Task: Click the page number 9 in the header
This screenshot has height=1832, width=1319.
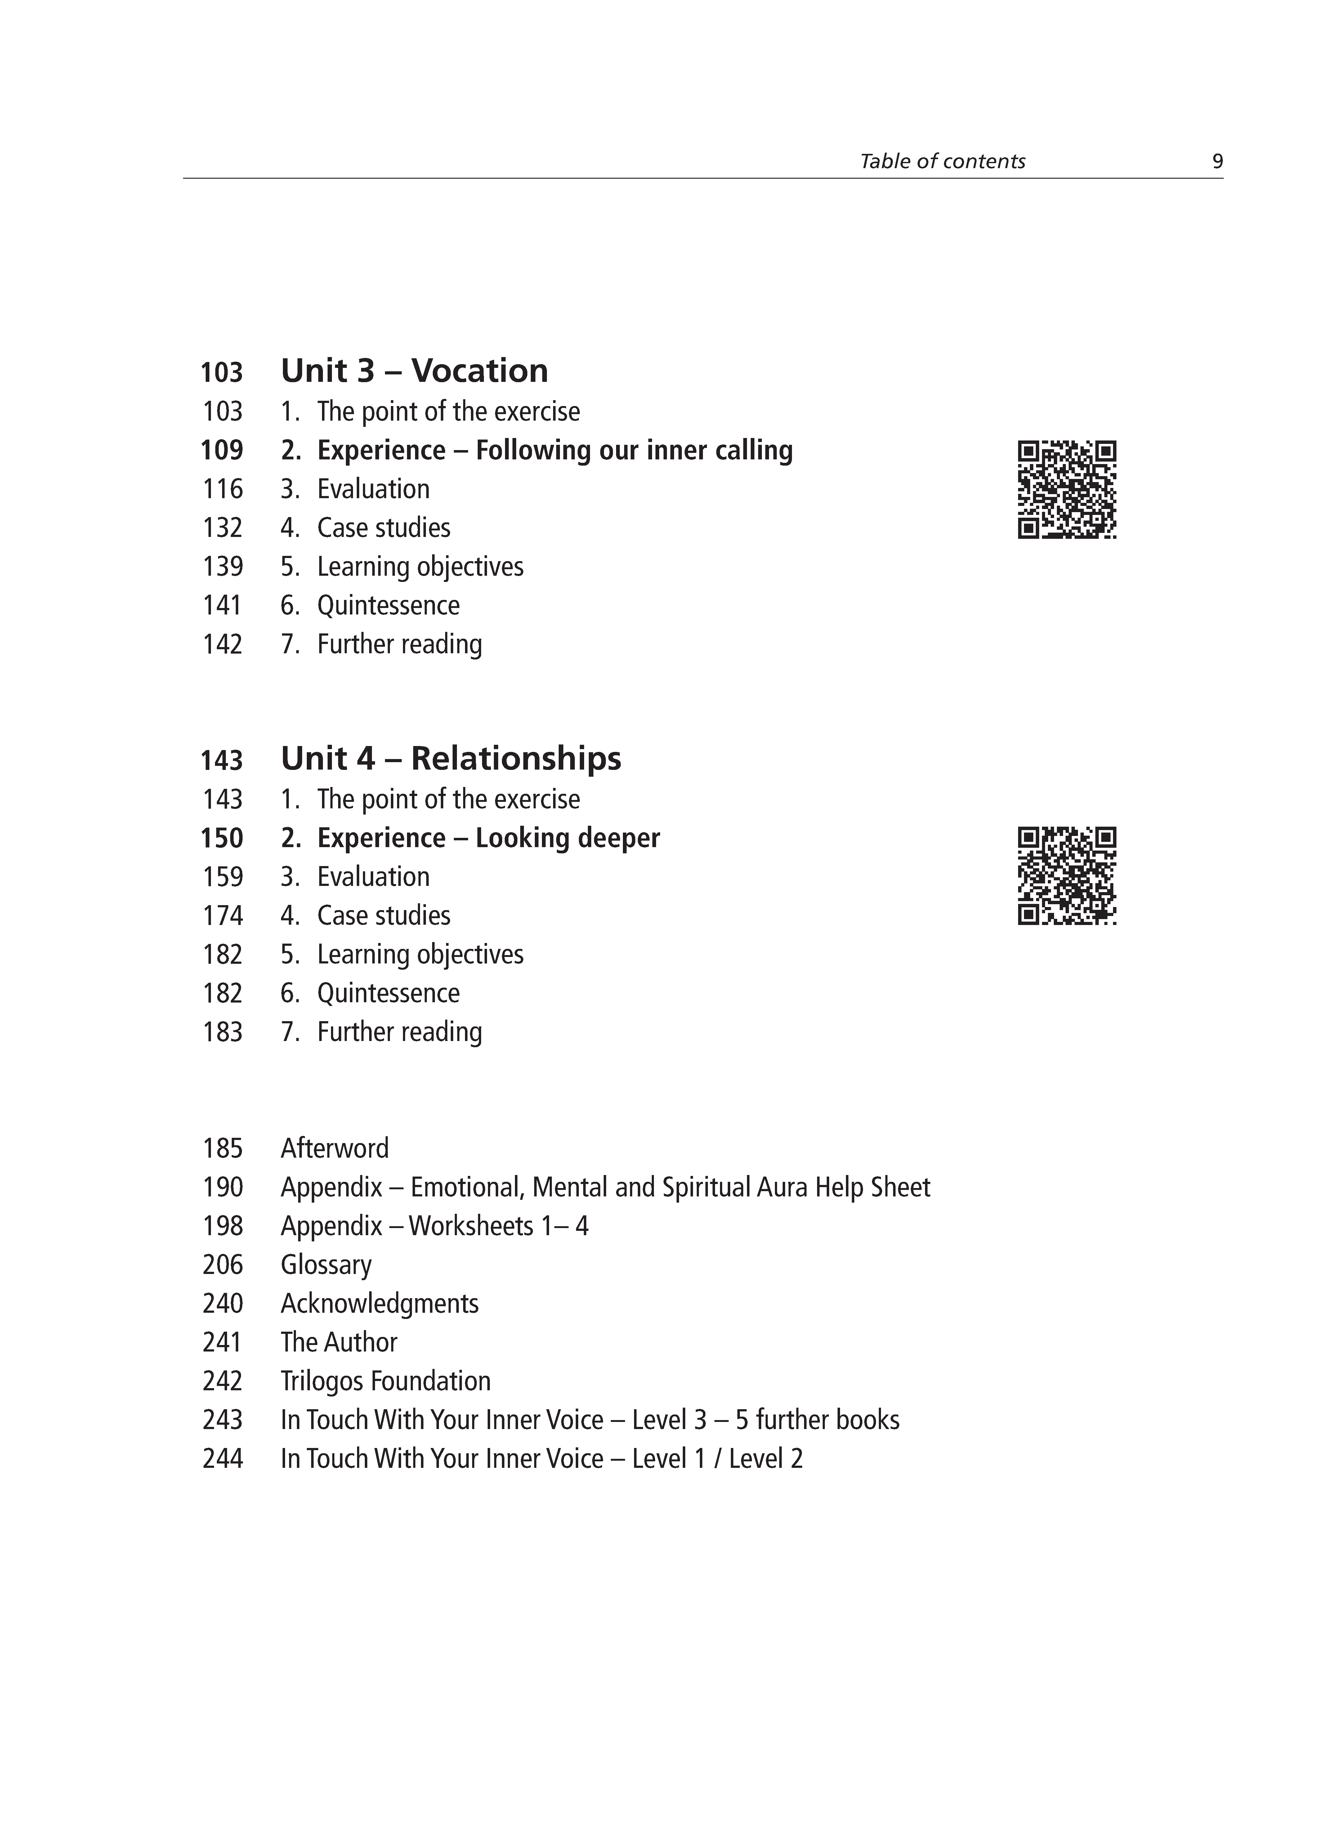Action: tap(1217, 162)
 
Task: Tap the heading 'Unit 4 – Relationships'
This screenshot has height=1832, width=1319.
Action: tap(451, 758)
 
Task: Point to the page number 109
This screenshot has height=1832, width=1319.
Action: tap(222, 450)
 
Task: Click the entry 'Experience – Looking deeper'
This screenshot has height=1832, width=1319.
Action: tap(488, 838)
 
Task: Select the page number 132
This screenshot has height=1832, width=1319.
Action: tap(222, 527)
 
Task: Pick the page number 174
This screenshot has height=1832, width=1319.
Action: tap(222, 915)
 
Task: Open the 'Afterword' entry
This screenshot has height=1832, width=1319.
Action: tap(334, 1148)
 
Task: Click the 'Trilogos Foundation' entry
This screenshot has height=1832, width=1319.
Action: tap(385, 1380)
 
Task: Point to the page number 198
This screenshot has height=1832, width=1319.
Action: tap(222, 1225)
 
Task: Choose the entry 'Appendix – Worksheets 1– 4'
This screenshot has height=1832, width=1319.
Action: tap(435, 1225)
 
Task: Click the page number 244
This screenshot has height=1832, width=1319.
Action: tap(222, 1458)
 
